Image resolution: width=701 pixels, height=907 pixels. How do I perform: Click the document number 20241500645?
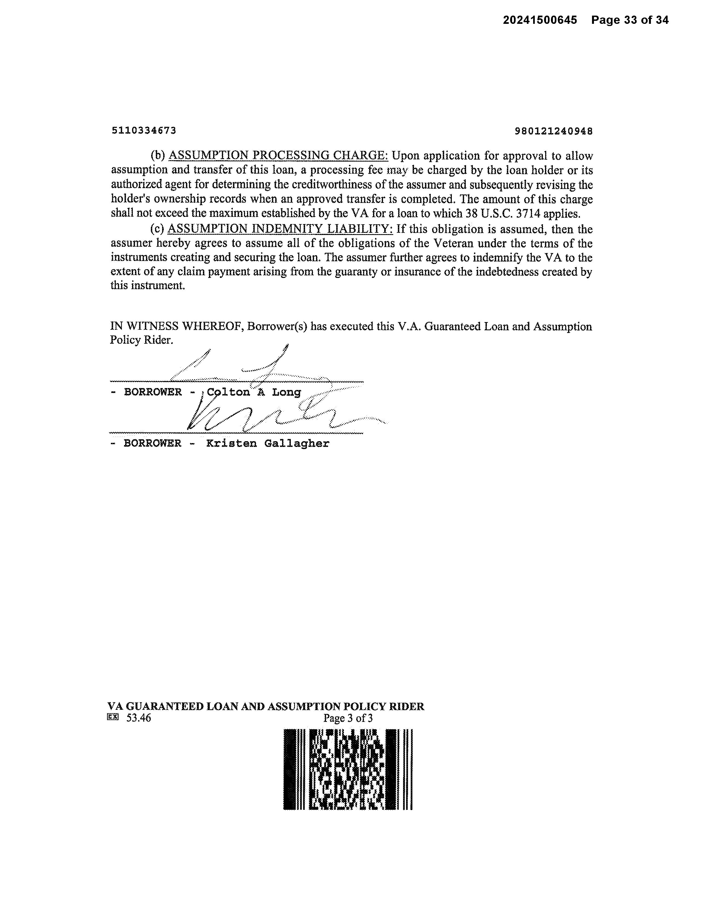pos(540,20)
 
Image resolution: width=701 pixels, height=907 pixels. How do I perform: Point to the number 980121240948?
pos(554,131)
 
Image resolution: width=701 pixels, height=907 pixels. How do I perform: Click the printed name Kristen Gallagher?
pos(268,444)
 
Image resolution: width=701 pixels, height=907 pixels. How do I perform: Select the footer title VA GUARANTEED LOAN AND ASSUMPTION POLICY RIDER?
pos(266,707)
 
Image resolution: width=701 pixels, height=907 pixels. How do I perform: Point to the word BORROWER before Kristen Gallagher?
pos(153,444)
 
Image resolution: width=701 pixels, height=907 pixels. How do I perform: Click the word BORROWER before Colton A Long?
pos(153,392)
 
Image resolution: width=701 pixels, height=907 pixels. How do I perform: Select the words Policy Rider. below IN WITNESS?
pos(141,340)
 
